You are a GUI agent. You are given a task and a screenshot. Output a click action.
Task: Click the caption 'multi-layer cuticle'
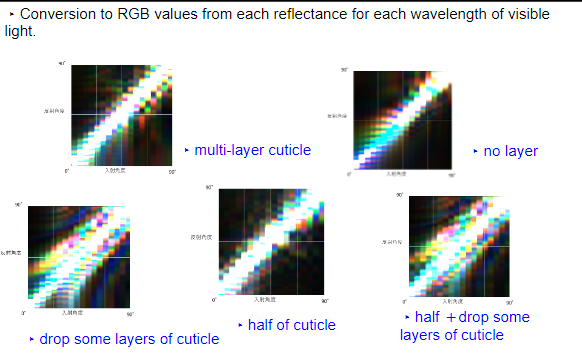tap(252, 150)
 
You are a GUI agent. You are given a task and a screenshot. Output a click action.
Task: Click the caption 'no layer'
tap(510, 151)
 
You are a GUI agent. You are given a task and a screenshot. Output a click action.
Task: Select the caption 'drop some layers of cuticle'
tap(128, 339)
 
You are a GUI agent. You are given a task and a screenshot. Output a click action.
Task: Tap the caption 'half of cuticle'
tap(291, 325)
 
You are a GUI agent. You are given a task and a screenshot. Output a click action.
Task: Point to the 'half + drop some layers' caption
tap(466, 326)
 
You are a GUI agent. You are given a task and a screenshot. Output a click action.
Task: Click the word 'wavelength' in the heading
tap(430, 15)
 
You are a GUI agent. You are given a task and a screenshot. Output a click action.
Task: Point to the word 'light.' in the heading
tap(21, 32)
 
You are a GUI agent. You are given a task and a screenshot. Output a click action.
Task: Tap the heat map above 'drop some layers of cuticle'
tap(78, 256)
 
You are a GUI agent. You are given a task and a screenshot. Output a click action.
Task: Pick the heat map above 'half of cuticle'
tap(270, 241)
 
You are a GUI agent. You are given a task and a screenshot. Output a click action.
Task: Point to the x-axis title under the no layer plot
tap(397, 174)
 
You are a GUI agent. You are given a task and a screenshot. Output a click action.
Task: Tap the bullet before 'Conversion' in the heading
tap(11, 15)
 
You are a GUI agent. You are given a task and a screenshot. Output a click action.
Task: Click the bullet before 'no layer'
tap(475, 151)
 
